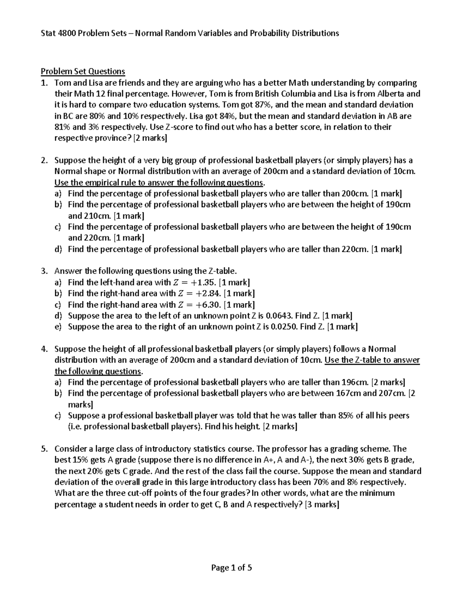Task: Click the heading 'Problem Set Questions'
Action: tap(83, 71)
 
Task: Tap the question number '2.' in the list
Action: tap(44, 160)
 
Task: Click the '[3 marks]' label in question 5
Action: tap(322, 505)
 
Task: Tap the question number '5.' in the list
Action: tap(44, 449)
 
